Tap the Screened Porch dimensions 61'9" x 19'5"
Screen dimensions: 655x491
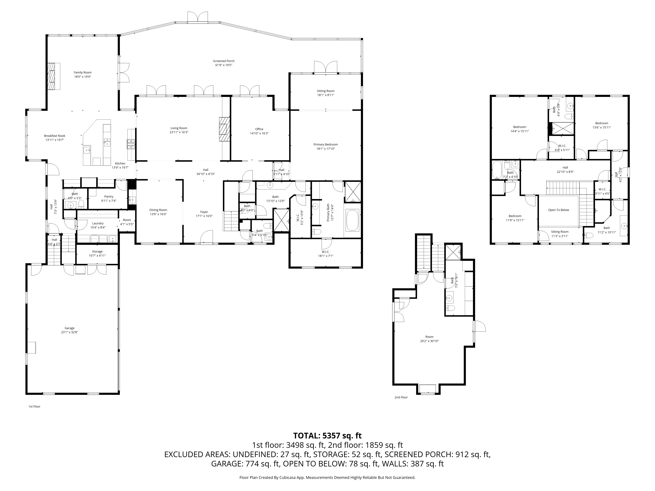224,65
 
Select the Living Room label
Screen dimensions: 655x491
179,128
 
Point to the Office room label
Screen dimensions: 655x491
259,129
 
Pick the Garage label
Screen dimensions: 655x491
70,328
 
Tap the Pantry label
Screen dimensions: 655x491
109,197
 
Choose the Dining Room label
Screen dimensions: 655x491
158,210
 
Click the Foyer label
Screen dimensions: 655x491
204,212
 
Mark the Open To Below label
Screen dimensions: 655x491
558,210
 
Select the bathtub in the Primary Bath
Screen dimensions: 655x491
352,220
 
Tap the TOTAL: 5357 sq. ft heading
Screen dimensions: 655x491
327,436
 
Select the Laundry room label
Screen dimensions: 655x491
98,223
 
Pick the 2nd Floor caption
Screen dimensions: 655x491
401,397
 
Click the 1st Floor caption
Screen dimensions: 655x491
34,406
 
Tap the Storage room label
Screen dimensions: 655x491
97,252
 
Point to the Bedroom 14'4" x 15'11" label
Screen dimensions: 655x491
519,129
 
